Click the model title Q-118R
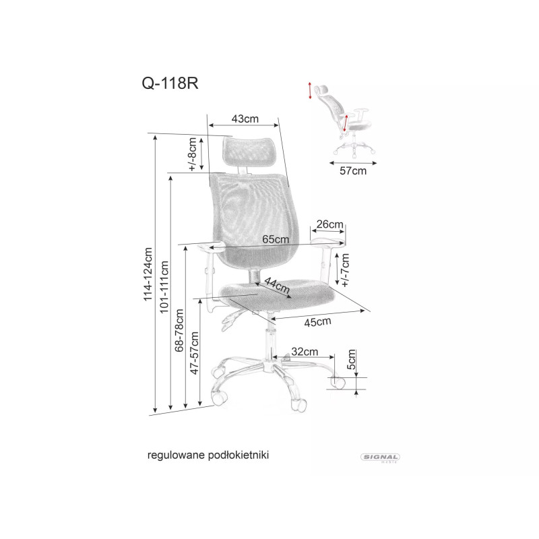click(x=169, y=84)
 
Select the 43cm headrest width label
click(x=245, y=119)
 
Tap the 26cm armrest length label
click(x=330, y=224)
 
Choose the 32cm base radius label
click(x=305, y=351)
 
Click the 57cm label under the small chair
click(x=352, y=171)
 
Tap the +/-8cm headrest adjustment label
click(x=193, y=154)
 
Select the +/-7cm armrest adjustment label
click(x=346, y=269)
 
